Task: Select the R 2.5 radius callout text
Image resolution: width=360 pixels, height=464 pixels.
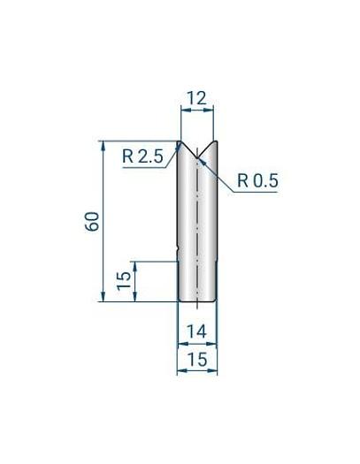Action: tap(142, 156)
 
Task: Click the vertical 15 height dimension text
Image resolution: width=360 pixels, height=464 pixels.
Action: tap(125, 282)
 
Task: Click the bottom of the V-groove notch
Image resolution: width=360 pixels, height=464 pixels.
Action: tap(197, 160)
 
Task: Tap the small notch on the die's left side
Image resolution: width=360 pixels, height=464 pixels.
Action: tap(180, 247)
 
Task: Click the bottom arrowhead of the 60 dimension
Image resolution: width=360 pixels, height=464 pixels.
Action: tap(103, 297)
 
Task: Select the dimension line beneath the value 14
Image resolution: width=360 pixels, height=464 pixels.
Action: tap(196, 343)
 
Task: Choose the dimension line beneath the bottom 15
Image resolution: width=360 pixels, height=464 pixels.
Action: tap(196, 371)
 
